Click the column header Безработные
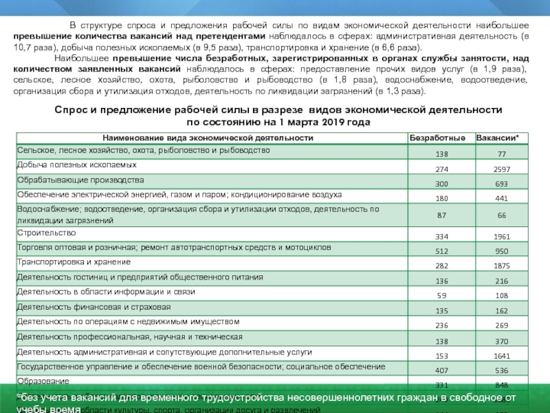click(x=438, y=138)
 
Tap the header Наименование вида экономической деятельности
click(x=208, y=138)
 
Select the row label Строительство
click(x=46, y=233)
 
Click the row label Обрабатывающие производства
click(x=80, y=180)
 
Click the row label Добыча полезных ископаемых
click(x=76, y=165)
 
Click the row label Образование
click(x=43, y=381)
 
